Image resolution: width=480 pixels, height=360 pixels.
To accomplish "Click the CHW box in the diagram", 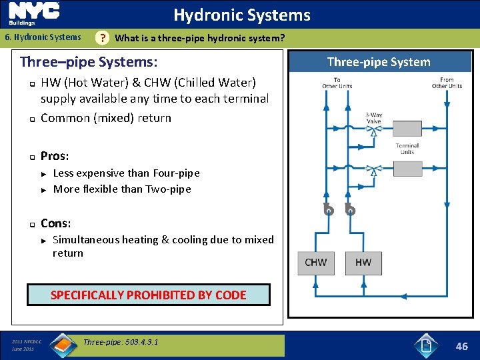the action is pyautogui.click(x=315, y=262).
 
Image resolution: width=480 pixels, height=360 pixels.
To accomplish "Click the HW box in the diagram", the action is pyautogui.click(x=363, y=262).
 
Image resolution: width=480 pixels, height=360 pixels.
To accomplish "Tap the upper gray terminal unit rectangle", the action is pyautogui.click(x=407, y=128).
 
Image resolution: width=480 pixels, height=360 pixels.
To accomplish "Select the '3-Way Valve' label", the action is pyautogui.click(x=374, y=118).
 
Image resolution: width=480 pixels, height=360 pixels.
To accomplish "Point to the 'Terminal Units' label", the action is pyautogui.click(x=407, y=148).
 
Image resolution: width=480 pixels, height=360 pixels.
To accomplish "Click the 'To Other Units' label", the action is pyautogui.click(x=337, y=83).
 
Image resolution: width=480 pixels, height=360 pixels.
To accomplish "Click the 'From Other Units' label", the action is pyautogui.click(x=447, y=83).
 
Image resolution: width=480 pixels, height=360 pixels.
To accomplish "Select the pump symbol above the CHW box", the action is pyautogui.click(x=327, y=210).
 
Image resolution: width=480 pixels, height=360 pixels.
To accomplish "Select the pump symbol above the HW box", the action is pyautogui.click(x=351, y=210).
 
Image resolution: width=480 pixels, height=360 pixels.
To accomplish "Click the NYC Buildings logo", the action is pyautogui.click(x=34, y=13).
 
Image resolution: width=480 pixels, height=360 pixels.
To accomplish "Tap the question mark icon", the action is pyautogui.click(x=102, y=38).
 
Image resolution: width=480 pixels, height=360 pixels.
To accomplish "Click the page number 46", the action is pyautogui.click(x=461, y=345).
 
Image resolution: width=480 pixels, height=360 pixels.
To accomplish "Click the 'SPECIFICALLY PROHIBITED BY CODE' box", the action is pyautogui.click(x=149, y=295).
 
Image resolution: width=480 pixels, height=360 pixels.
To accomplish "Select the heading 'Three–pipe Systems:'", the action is pyautogui.click(x=89, y=63).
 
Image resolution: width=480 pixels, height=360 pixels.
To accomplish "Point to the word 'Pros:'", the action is pyautogui.click(x=55, y=156).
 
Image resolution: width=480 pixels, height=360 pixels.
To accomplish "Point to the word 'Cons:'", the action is pyautogui.click(x=55, y=223).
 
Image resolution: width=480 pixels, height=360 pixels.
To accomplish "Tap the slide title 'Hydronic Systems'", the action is pyautogui.click(x=242, y=15).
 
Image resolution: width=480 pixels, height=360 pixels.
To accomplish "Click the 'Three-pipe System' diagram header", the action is pyautogui.click(x=379, y=62).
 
